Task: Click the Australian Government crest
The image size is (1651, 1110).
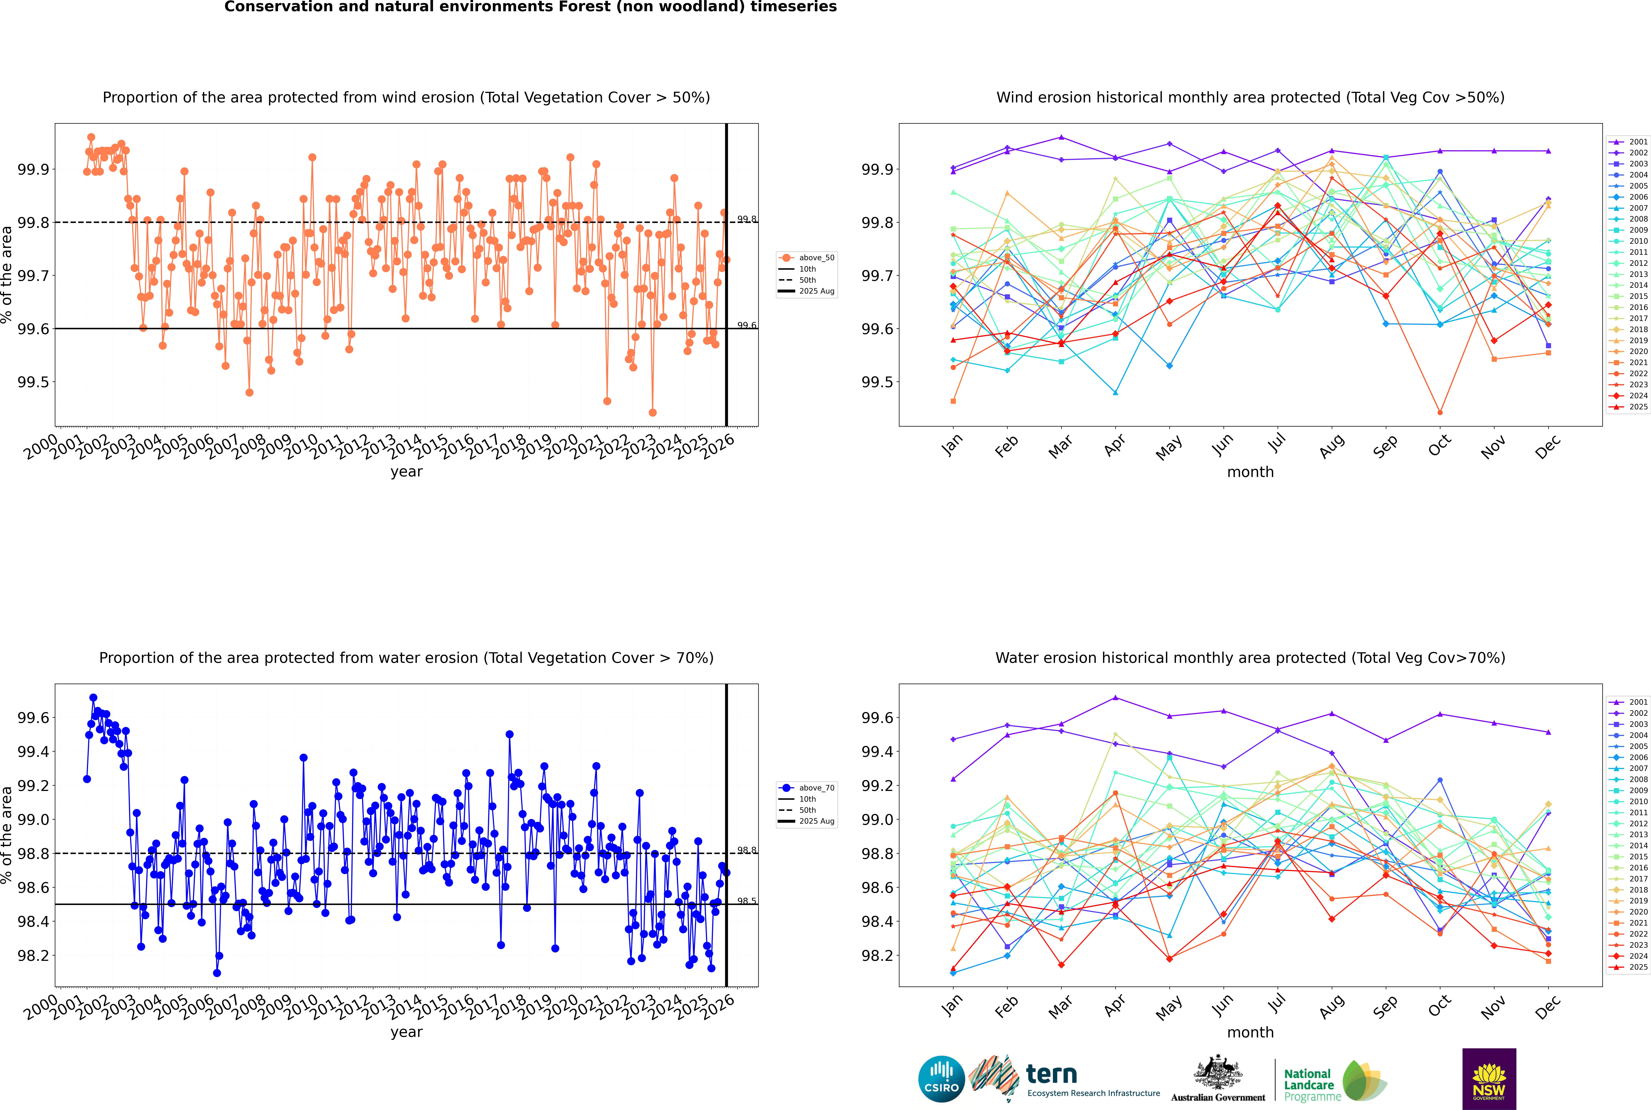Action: (1217, 1072)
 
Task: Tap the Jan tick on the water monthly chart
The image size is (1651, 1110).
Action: (952, 1005)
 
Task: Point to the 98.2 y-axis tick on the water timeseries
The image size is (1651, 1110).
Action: (33, 956)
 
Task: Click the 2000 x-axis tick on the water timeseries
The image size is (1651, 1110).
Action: (41, 1007)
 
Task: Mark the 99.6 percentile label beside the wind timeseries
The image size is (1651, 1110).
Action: (747, 326)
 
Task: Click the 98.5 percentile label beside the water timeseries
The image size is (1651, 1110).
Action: (747, 901)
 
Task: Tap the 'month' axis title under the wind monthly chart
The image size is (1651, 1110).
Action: (1250, 472)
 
